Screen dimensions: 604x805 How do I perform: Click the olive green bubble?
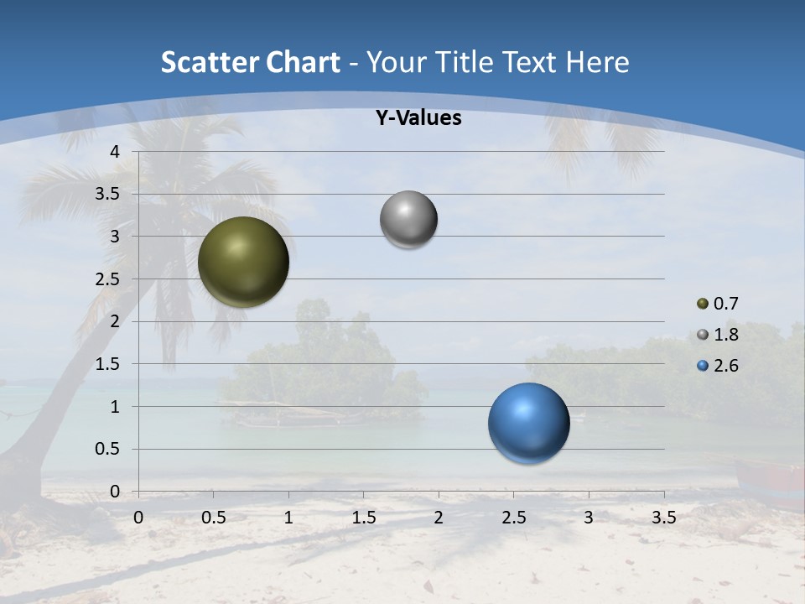pyautogui.click(x=243, y=262)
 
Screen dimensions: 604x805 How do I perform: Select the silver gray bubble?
pyautogui.click(x=408, y=220)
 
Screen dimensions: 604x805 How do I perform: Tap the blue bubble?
pyautogui.click(x=528, y=423)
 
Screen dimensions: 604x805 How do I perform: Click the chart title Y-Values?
pyautogui.click(x=418, y=118)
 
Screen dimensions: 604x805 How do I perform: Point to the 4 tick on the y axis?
pyautogui.click(x=116, y=152)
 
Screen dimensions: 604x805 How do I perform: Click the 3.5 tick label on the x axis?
pyautogui.click(x=663, y=518)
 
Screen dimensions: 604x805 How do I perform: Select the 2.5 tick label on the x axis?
pyautogui.click(x=513, y=518)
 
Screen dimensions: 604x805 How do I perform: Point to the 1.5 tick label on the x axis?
pyautogui.click(x=363, y=518)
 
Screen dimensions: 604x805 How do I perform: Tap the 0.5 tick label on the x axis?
pyautogui.click(x=213, y=518)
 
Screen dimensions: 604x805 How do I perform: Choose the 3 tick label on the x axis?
pyautogui.click(x=589, y=518)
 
